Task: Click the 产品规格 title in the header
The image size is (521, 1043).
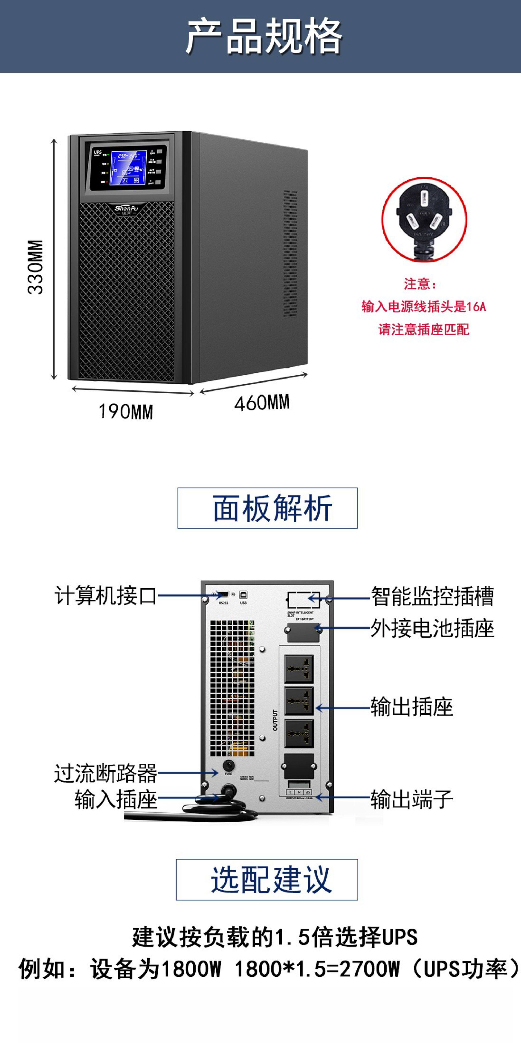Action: pos(264,36)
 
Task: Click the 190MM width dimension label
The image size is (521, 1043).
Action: pos(126,412)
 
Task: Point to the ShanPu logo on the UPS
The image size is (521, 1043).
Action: pos(126,209)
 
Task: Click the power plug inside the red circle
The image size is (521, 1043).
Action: pos(424,219)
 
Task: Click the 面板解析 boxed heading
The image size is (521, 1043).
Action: pos(267,508)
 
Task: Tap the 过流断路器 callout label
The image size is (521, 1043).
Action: pos(106,773)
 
